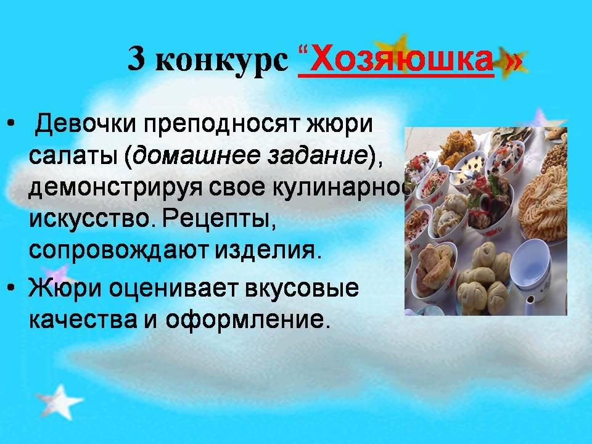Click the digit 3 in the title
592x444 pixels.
point(136,59)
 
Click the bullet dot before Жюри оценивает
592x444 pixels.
point(11,287)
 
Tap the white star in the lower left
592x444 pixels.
point(59,401)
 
